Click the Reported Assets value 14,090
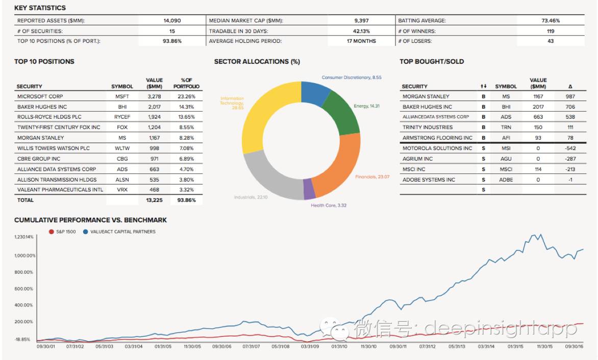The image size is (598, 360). pyautogui.click(x=172, y=21)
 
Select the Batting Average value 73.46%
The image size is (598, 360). pyautogui.click(x=551, y=21)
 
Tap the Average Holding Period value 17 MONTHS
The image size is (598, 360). pyautogui.click(x=361, y=41)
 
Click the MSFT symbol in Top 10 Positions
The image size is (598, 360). pyautogui.click(x=122, y=96)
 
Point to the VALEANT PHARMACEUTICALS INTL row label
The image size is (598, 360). pyautogui.click(x=60, y=190)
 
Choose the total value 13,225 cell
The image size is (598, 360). pyautogui.click(x=154, y=200)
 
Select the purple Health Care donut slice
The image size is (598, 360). pyautogui.click(x=309, y=190)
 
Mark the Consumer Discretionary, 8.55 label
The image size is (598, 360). pyautogui.click(x=352, y=78)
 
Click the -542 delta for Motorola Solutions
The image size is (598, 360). pyautogui.click(x=570, y=148)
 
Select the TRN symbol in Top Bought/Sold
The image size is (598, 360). pyautogui.click(x=506, y=127)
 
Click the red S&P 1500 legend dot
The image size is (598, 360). pyautogui.click(x=51, y=232)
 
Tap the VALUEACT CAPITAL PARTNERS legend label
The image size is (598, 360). pyautogui.click(x=123, y=232)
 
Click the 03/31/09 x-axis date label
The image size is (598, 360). pyautogui.click(x=310, y=346)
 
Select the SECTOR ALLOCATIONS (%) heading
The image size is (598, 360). pyautogui.click(x=257, y=62)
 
